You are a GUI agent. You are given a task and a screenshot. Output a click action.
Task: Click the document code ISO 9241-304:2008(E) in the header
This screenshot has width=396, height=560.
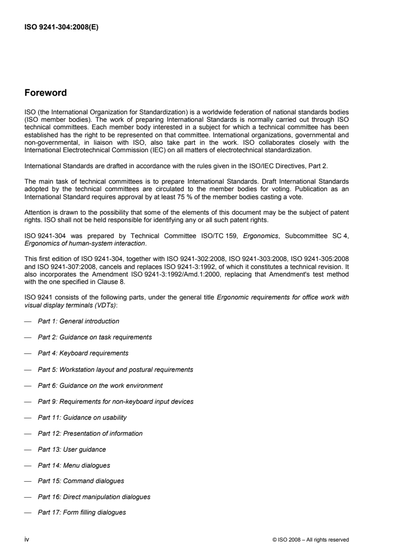pyautogui.click(x=61, y=28)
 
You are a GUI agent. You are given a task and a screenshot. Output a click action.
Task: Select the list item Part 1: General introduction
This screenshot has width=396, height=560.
pyautogui.click(x=78, y=321)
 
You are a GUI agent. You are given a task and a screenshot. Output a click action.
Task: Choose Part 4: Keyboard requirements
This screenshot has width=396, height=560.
pyautogui.click(x=83, y=353)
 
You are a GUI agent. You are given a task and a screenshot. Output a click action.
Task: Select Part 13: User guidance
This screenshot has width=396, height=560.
pyautogui.click(x=72, y=449)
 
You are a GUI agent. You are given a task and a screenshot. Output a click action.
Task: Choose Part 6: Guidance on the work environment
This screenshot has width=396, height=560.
pyautogui.click(x=100, y=385)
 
